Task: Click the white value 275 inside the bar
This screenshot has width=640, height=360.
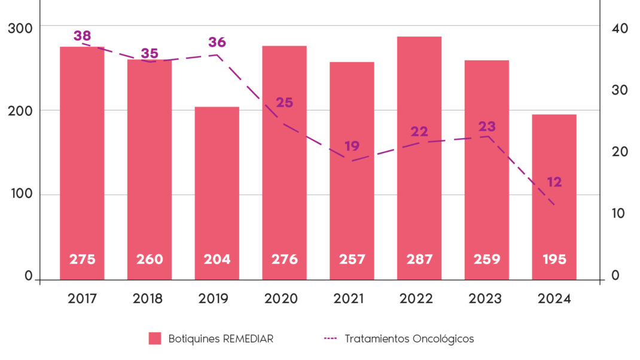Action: click(82, 260)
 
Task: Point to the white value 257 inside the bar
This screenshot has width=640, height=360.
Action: click(352, 260)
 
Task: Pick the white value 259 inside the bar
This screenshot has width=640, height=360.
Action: click(487, 260)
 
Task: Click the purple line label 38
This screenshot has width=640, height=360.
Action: click(82, 35)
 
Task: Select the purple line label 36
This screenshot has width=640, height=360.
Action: click(217, 42)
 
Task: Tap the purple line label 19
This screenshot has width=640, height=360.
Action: click(352, 146)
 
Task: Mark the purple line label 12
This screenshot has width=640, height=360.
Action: click(554, 182)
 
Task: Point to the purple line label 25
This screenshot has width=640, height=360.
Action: click(284, 102)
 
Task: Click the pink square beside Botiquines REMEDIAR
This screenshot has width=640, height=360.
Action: click(155, 338)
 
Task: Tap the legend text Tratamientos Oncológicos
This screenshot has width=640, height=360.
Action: click(409, 338)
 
